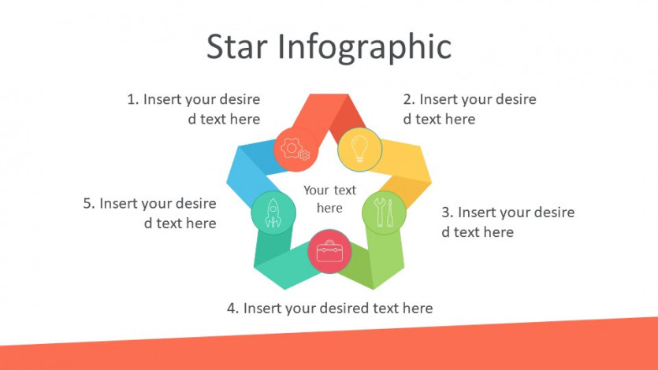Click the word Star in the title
tap(236, 46)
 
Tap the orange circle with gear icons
tap(296, 150)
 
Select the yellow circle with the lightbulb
tap(359, 149)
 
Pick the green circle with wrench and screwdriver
tap(384, 213)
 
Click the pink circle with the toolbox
tap(329, 251)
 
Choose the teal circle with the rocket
tap(273, 213)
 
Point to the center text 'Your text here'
tap(330, 199)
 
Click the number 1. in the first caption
tap(133, 100)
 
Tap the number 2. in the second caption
tap(409, 100)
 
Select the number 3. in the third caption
tap(448, 213)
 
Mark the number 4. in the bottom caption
tap(233, 309)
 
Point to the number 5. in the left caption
tap(89, 204)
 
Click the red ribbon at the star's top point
tap(329, 114)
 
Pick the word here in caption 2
tap(460, 120)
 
